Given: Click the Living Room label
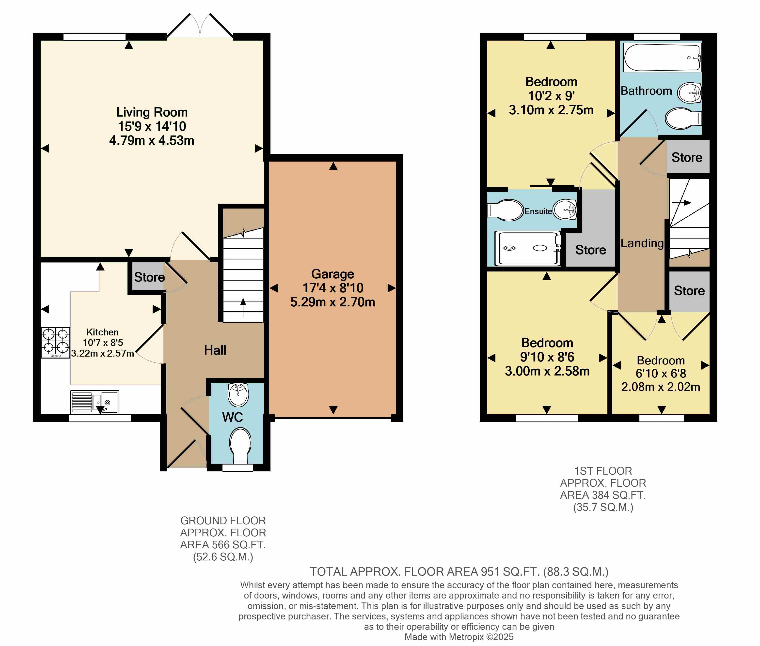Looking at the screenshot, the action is tap(152, 112).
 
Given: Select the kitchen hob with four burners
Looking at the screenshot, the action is tap(55, 342).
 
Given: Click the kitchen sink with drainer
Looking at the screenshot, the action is tap(95, 402).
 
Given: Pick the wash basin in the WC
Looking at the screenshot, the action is tap(238, 395).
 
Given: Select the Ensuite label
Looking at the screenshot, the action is tap(538, 211).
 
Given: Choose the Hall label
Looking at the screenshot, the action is tap(215, 350).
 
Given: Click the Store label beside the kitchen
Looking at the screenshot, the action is tap(149, 277).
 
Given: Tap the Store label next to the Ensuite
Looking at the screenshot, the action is tap(591, 250).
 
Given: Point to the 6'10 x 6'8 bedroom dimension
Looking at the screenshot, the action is tap(661, 374).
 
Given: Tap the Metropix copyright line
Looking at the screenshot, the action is tap(459, 637).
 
